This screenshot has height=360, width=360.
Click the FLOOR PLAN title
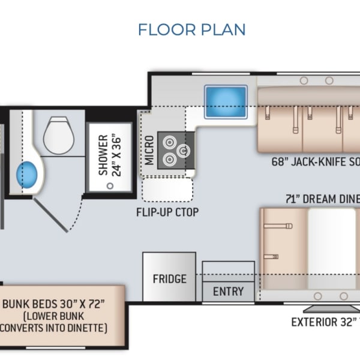click(191, 29)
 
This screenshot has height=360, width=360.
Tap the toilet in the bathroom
click(58, 131)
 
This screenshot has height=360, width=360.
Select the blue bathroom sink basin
click(28, 174)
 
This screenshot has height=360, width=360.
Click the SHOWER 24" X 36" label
click(109, 155)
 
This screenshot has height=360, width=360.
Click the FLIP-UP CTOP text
click(167, 212)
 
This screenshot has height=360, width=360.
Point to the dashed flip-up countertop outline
click(167, 190)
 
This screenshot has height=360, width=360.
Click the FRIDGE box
click(169, 278)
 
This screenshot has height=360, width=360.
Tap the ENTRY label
click(228, 292)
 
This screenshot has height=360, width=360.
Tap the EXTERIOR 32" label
click(324, 322)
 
